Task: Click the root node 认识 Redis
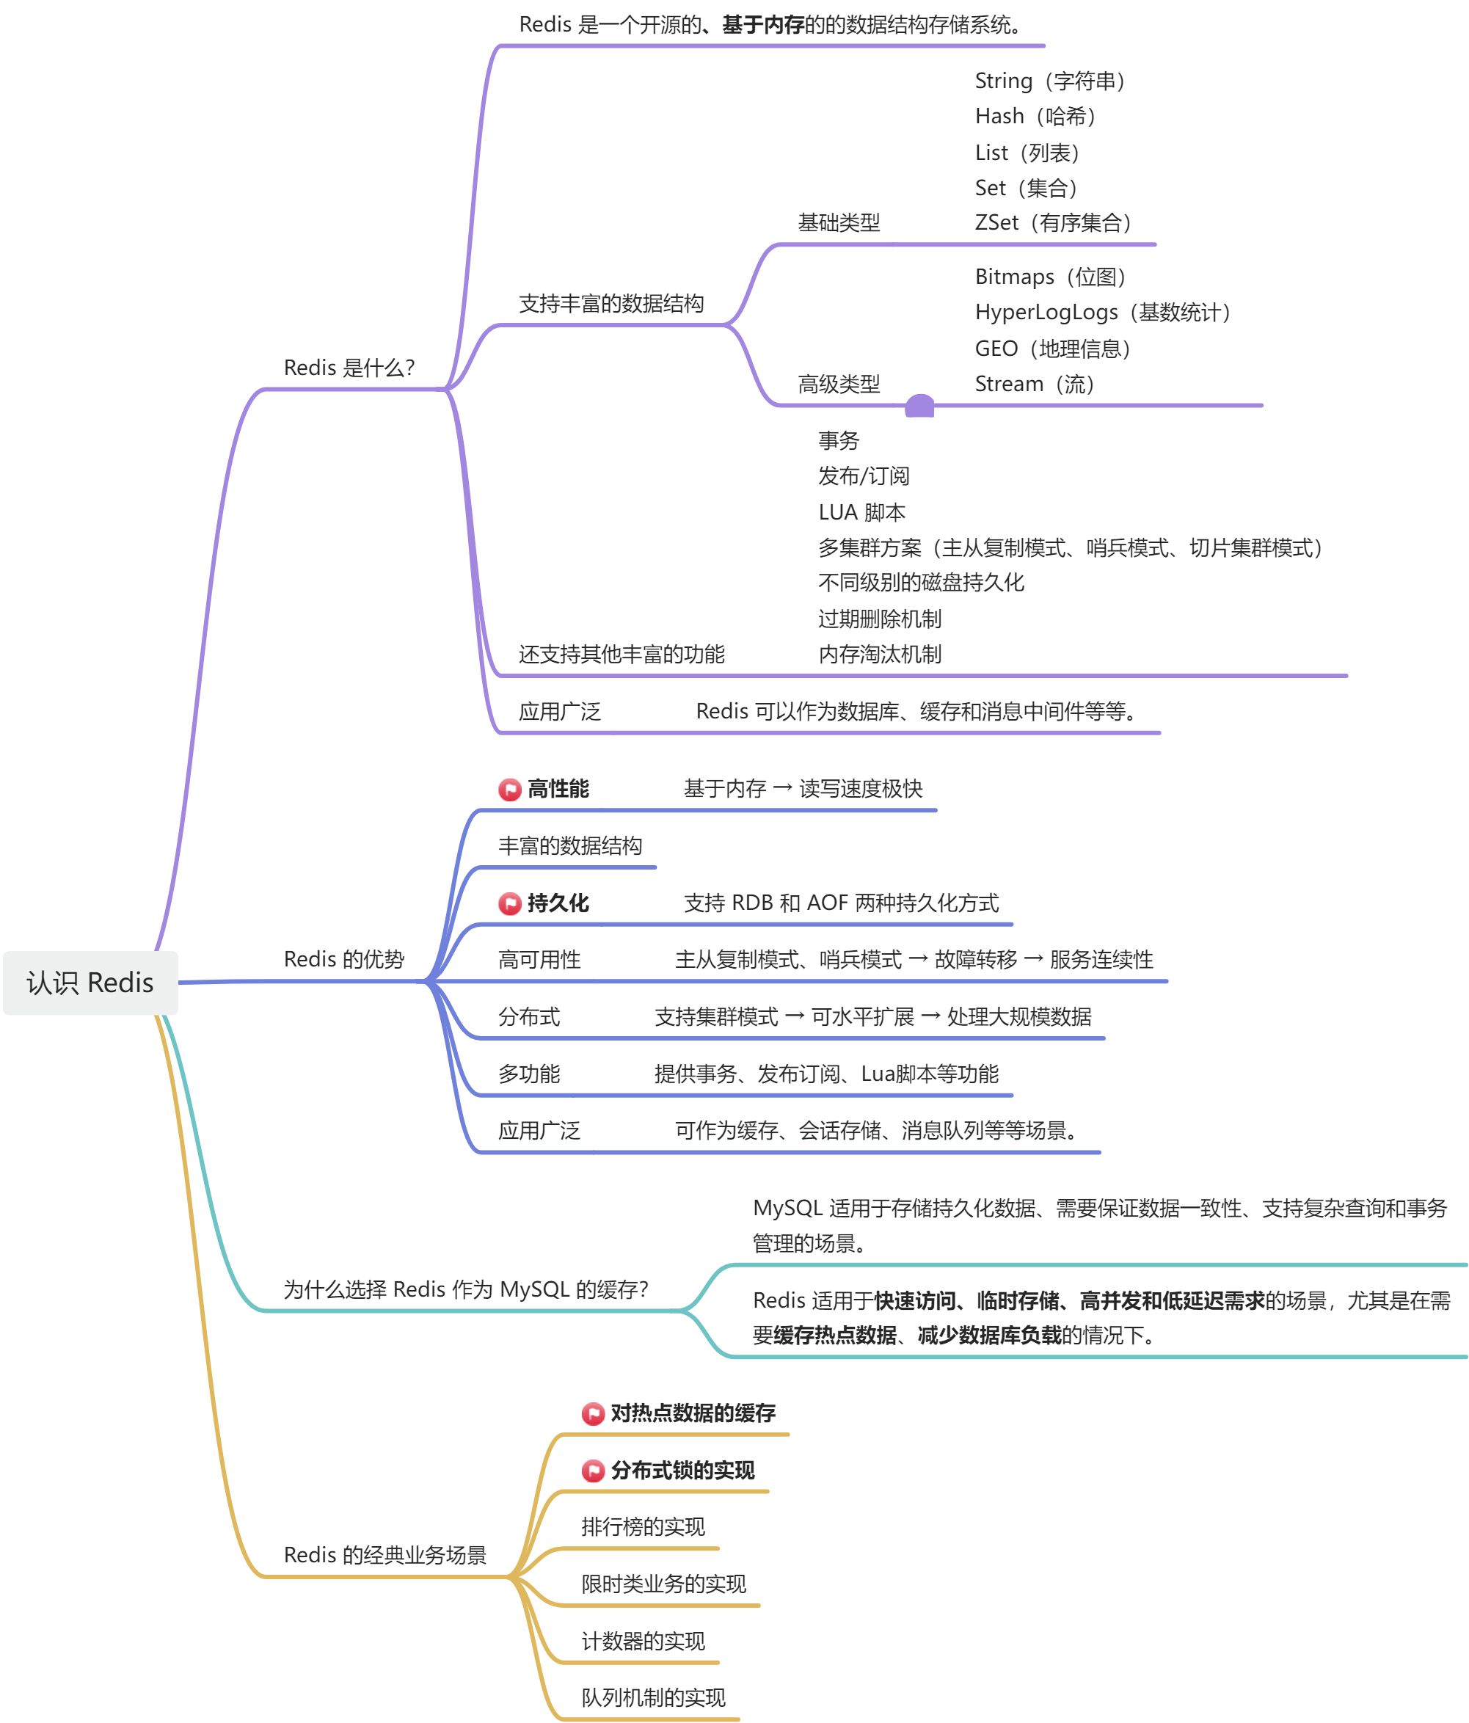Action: (90, 982)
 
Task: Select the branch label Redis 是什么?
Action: (349, 368)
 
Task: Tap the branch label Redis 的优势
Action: (343, 959)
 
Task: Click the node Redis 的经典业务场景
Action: (385, 1554)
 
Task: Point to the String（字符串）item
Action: (1050, 81)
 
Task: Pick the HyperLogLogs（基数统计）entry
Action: (1102, 312)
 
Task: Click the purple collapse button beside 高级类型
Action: (919, 406)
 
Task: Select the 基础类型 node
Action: (839, 222)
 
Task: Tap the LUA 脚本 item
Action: (861, 511)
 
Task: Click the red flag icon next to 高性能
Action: (510, 789)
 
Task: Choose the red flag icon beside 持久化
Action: (510, 903)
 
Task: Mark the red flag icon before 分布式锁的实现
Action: (593, 1471)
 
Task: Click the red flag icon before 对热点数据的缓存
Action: (593, 1413)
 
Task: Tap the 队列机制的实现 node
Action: (654, 1697)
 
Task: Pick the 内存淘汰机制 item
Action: (880, 654)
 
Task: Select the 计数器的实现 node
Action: (643, 1641)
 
